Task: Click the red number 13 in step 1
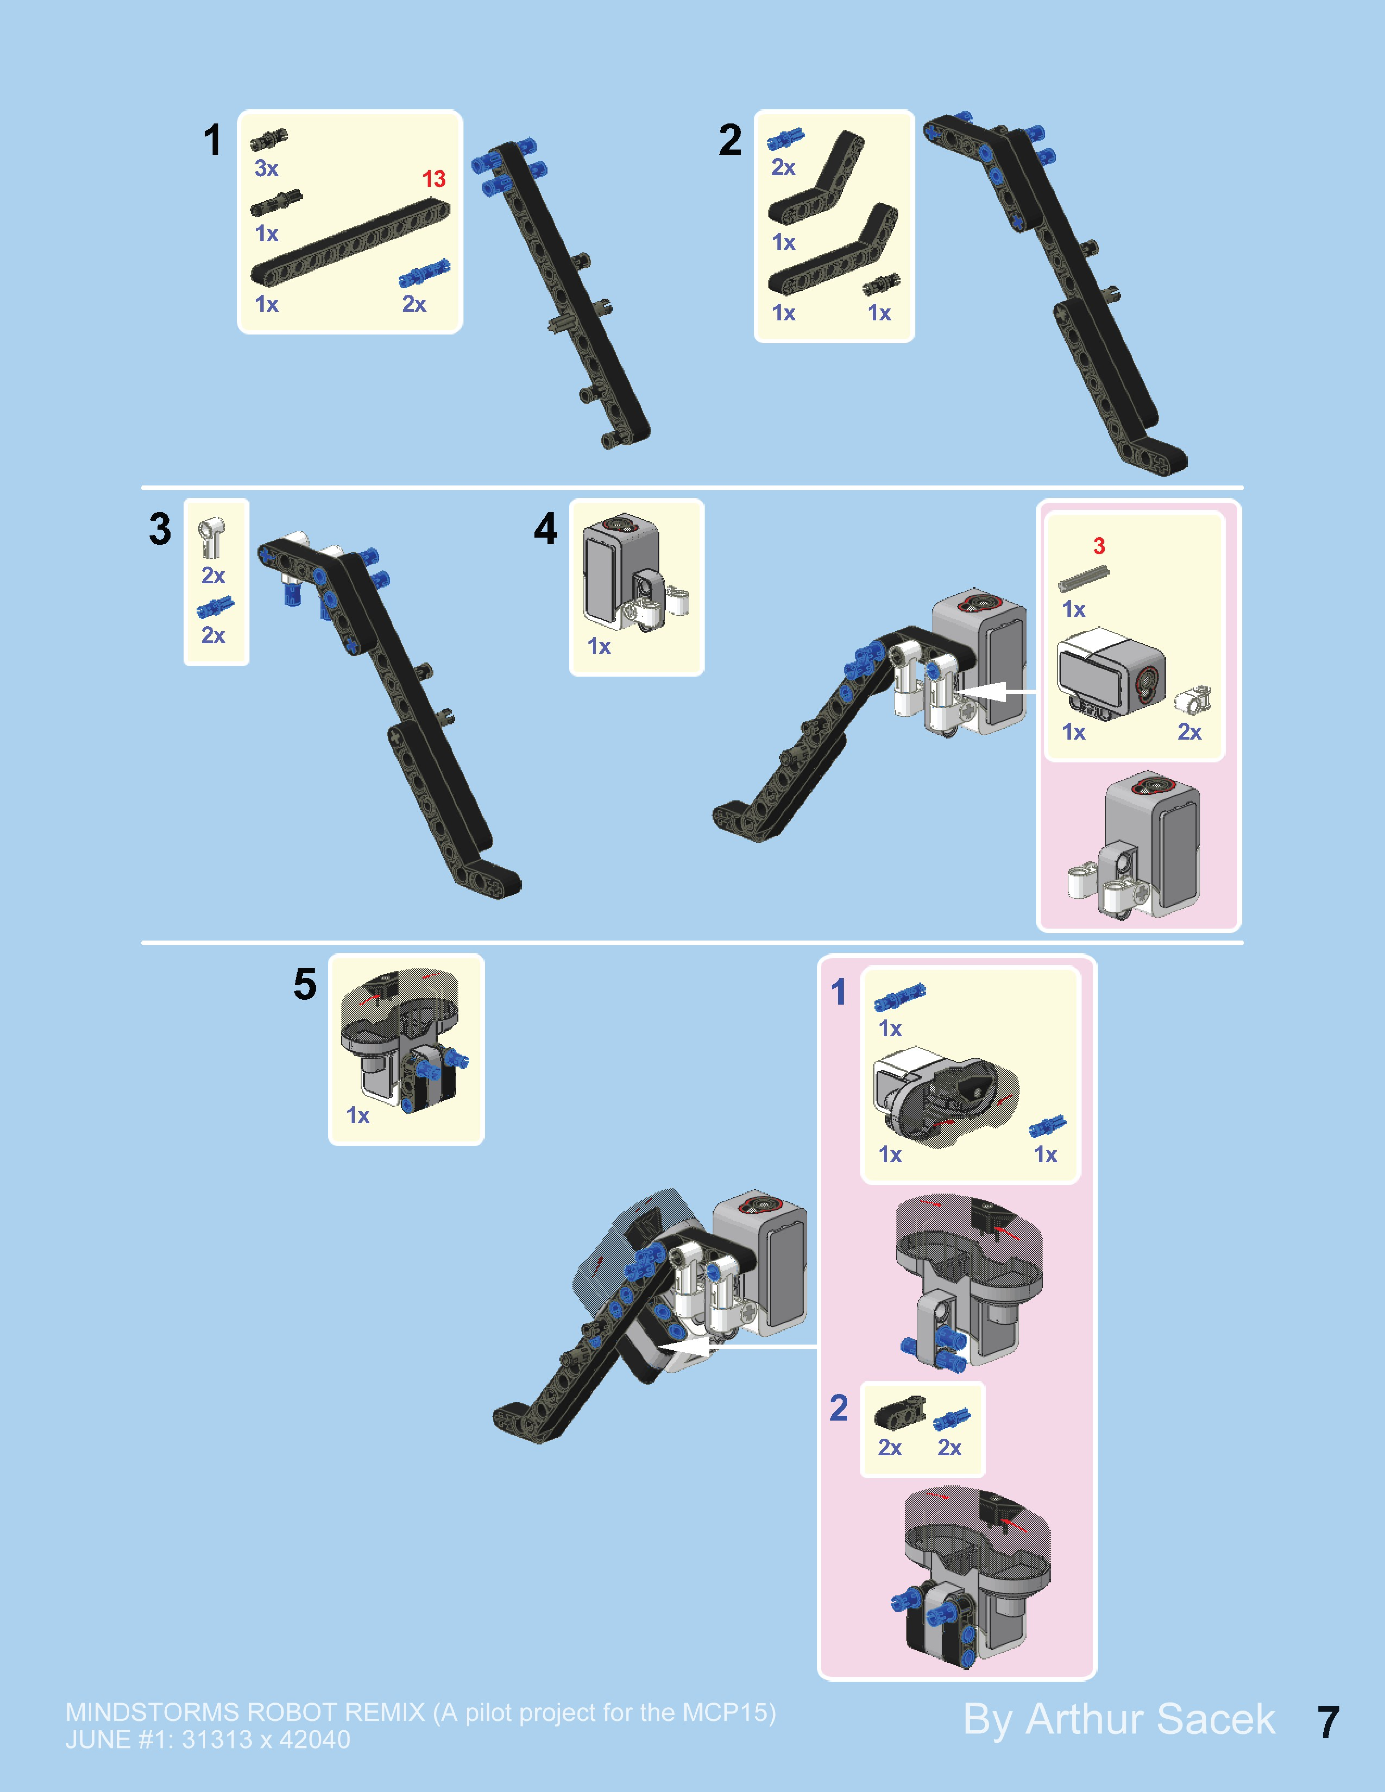tap(434, 179)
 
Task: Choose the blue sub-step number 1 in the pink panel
tap(838, 992)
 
